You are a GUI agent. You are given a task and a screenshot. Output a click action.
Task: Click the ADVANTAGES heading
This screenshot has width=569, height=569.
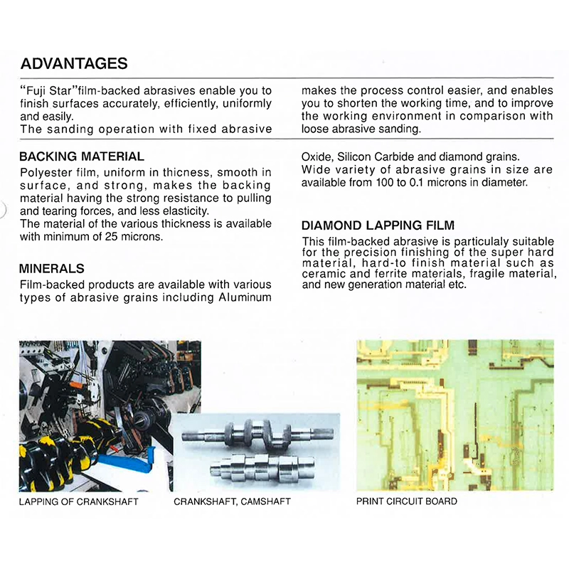(x=74, y=63)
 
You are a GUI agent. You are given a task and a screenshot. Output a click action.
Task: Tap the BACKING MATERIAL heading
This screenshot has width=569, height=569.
(x=82, y=156)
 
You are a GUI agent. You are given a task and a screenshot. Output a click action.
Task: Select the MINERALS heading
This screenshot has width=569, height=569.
(x=52, y=269)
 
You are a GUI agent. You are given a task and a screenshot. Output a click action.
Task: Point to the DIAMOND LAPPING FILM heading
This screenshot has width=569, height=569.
(x=378, y=225)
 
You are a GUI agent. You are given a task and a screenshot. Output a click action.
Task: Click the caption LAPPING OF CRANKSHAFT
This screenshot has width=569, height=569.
(x=78, y=501)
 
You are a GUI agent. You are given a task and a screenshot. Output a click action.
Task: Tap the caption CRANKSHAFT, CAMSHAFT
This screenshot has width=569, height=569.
(x=232, y=501)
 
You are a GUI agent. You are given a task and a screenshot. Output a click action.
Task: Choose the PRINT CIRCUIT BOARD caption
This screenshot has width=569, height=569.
(x=406, y=501)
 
